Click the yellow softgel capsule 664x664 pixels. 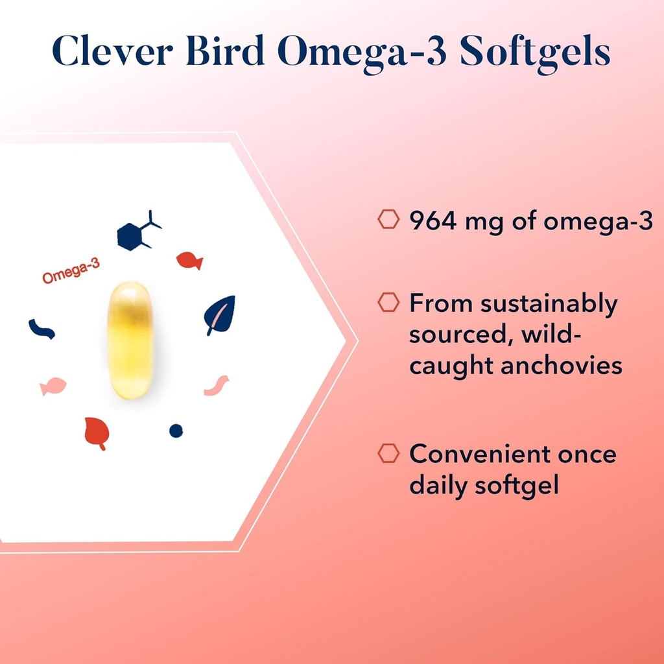click(130, 339)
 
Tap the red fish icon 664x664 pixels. click(189, 261)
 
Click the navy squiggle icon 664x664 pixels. click(41, 329)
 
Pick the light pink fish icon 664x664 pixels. click(53, 386)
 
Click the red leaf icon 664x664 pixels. click(97, 432)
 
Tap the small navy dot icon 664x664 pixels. click(176, 430)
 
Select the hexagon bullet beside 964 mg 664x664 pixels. click(388, 220)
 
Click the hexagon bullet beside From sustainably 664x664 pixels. click(388, 302)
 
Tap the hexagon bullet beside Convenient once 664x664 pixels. click(388, 453)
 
